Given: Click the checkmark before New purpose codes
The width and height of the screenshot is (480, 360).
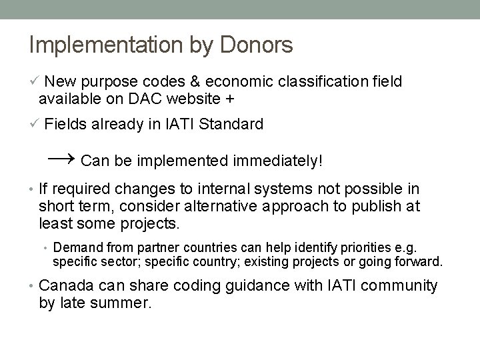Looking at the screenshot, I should [x=35, y=81].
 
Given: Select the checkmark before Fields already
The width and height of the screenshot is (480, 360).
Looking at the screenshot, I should [x=35, y=124].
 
